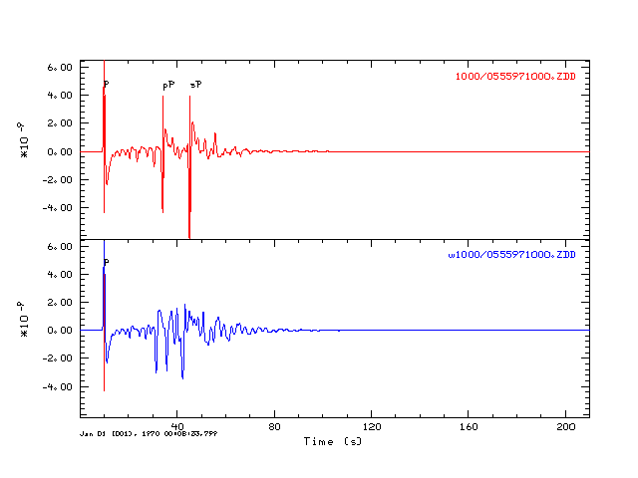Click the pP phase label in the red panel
pyautogui.click(x=168, y=86)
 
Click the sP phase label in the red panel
pyautogui.click(x=195, y=85)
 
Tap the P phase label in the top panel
pyautogui.click(x=107, y=84)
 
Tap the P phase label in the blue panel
pyautogui.click(x=107, y=262)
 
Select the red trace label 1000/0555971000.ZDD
pyautogui.click(x=514, y=77)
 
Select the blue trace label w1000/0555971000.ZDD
pyautogui.click(x=511, y=256)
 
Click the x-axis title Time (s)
pyautogui.click(x=333, y=440)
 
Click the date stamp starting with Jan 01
pyautogui.click(x=149, y=434)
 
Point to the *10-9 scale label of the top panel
pyautogui.click(x=24, y=140)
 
